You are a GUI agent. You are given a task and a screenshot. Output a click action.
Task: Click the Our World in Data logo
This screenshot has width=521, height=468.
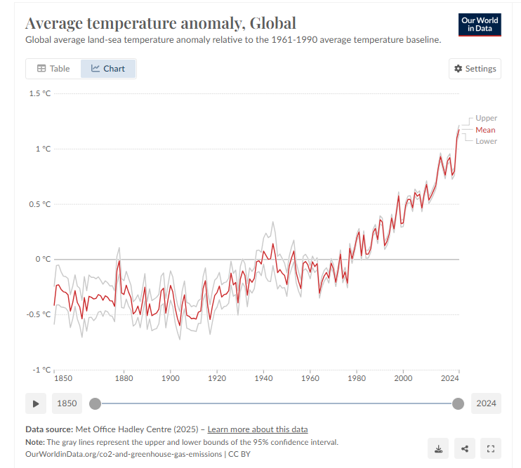pyautogui.click(x=480, y=25)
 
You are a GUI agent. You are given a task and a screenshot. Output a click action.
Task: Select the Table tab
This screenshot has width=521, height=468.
pyautogui.click(x=53, y=69)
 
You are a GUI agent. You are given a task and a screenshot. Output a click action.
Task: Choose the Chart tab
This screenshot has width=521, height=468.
pyautogui.click(x=108, y=69)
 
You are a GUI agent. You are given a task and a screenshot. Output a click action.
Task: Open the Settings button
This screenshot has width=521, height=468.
pyautogui.click(x=475, y=69)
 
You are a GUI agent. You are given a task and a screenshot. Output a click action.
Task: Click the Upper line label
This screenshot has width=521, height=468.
pyautogui.click(x=486, y=118)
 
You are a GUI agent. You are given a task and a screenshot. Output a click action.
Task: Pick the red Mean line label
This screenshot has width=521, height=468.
pyautogui.click(x=485, y=130)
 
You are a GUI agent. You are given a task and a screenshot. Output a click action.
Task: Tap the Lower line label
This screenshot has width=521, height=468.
pyautogui.click(x=486, y=141)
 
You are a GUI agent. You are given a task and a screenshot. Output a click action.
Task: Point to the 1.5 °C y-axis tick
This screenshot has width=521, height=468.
pyautogui.click(x=39, y=93)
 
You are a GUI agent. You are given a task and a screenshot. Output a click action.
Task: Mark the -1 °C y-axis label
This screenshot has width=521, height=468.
pyautogui.click(x=41, y=370)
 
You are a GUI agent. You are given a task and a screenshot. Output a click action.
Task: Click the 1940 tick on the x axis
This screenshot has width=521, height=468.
pyautogui.click(x=263, y=378)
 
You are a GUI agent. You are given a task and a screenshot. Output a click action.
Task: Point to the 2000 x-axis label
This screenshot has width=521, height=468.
pyautogui.click(x=403, y=378)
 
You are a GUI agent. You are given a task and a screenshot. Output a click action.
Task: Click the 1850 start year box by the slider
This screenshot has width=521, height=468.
pyautogui.click(x=66, y=403)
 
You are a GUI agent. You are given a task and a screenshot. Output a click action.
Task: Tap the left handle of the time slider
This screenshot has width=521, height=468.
pyautogui.click(x=95, y=403)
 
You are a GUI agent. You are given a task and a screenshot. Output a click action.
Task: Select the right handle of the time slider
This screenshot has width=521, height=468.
pyautogui.click(x=458, y=403)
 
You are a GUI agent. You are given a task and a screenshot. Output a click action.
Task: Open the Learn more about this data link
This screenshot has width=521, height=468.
pyautogui.click(x=257, y=429)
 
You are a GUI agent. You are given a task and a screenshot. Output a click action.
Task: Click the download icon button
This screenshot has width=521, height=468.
pyautogui.click(x=438, y=448)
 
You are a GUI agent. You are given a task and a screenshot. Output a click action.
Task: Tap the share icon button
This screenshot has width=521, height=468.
pyautogui.click(x=464, y=448)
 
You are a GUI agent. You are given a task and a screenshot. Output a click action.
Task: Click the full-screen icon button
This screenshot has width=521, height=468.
pyautogui.click(x=491, y=448)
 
